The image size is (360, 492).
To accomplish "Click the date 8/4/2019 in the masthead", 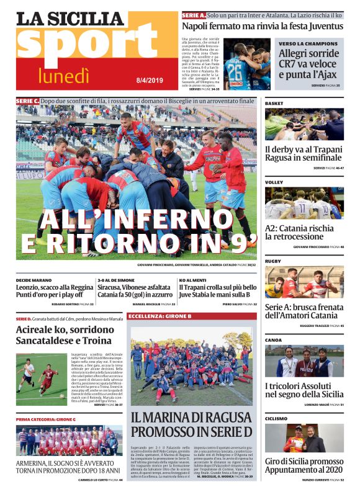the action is pos(149,78).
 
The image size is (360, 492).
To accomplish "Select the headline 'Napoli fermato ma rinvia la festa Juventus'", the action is pos(262,27).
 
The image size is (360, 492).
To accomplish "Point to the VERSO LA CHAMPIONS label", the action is pos(308,44).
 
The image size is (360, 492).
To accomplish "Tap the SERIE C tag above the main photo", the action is pos(28,101).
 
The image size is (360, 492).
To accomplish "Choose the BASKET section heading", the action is pos(274,102).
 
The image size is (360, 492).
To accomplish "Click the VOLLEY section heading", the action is pos(274,182).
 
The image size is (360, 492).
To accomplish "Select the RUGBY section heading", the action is pos(273,261).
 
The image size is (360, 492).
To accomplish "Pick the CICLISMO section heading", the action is pos(276,418).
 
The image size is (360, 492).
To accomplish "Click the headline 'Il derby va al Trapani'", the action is pos(304,150).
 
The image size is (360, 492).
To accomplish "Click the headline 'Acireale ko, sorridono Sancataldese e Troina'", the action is pos(64,334).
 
